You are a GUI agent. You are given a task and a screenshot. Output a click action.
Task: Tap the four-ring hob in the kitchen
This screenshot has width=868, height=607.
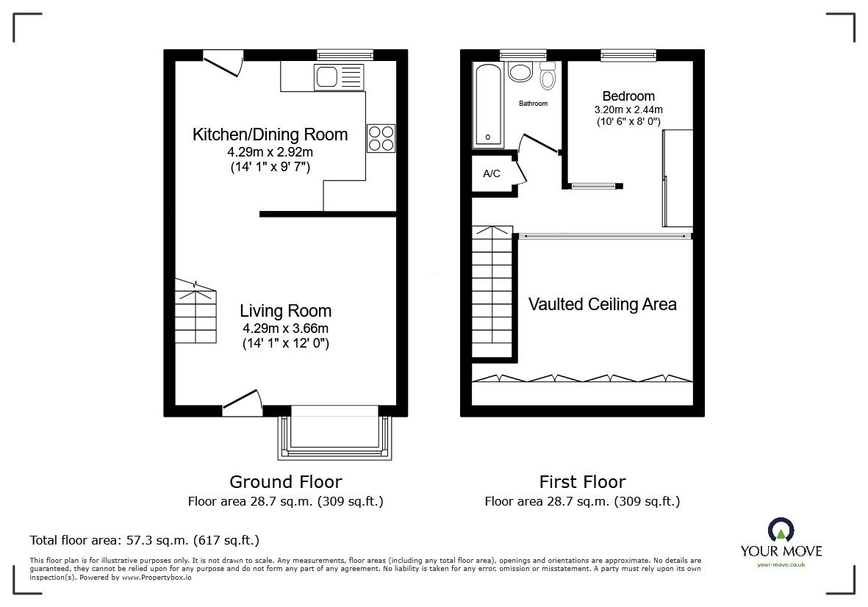pyautogui.click(x=381, y=137)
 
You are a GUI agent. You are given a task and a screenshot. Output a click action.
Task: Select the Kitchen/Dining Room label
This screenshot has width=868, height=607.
pyautogui.click(x=270, y=134)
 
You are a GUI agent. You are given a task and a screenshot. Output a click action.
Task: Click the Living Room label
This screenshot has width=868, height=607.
pyautogui.click(x=285, y=311)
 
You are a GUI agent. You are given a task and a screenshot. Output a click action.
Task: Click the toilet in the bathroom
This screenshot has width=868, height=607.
pyautogui.click(x=548, y=76)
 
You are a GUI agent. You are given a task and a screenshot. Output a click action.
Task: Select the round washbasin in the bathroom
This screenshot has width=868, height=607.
pyautogui.click(x=521, y=73)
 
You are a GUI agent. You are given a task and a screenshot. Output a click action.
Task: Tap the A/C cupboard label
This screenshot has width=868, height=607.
pyautogui.click(x=492, y=174)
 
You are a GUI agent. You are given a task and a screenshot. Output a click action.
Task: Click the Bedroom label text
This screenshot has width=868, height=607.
pyautogui.click(x=628, y=96)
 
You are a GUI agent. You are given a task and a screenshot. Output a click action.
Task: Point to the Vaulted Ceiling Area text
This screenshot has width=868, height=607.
pyautogui.click(x=603, y=304)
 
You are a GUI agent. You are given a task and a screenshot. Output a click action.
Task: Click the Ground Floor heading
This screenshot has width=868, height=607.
pyautogui.click(x=285, y=482)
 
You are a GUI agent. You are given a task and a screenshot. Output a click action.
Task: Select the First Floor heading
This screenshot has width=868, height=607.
pyautogui.click(x=582, y=482)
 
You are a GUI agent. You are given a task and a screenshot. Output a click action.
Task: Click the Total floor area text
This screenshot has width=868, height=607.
pyautogui.click(x=144, y=540)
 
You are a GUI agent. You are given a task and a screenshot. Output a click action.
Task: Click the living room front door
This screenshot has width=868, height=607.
pyautogui.click(x=243, y=403)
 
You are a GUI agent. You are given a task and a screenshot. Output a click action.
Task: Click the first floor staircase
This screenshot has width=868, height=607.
pyautogui.click(x=492, y=294)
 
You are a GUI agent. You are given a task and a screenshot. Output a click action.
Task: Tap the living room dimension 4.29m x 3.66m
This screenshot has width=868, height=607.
pyautogui.click(x=285, y=328)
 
